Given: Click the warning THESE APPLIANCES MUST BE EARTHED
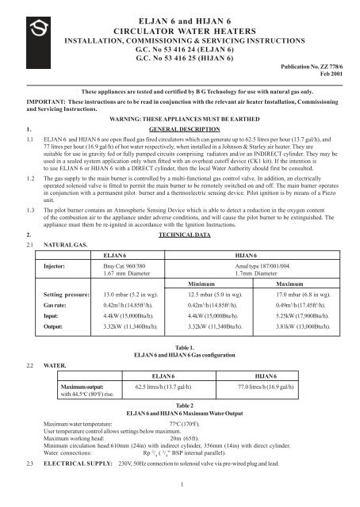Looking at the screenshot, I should click(x=179, y=119).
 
